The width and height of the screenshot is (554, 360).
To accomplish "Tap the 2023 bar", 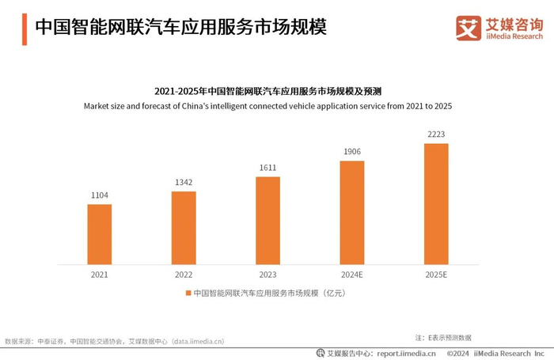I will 268,220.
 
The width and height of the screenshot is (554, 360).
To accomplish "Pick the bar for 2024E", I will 352,212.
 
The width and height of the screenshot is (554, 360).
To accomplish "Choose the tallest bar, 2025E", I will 436,203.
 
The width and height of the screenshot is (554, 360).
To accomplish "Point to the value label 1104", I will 100,195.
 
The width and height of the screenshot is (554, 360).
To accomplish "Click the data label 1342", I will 184,183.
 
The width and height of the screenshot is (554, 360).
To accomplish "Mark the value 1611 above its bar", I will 268,168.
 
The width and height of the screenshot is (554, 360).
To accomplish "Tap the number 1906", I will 352,152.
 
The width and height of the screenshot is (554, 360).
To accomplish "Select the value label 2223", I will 436,135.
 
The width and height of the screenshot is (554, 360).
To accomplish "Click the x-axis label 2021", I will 100,275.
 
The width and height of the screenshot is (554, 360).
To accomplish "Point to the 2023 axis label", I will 268,275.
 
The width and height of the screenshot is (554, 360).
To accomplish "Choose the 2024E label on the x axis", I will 352,275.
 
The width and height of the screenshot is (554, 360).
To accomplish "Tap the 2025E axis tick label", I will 436,275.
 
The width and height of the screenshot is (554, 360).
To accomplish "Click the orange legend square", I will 188,294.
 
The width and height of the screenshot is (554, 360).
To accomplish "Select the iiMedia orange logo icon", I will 469,28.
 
